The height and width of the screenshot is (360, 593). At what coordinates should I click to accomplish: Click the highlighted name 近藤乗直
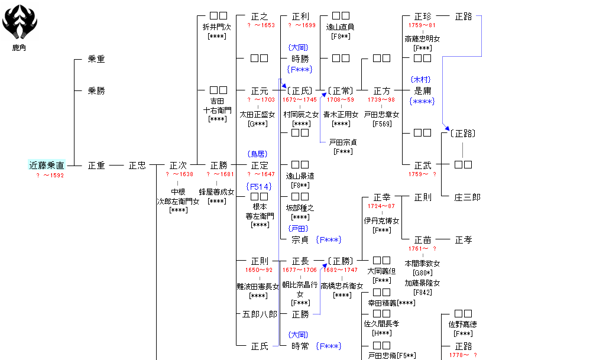coord(47,166)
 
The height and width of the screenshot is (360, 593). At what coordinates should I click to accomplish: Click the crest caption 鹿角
coord(20,48)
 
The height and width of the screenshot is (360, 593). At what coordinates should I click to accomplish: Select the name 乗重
coord(96,59)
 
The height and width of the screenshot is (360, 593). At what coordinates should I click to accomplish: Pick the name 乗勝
coord(96,91)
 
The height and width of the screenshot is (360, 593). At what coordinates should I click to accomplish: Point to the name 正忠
coord(137,166)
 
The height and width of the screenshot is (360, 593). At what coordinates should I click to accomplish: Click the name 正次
coord(178,166)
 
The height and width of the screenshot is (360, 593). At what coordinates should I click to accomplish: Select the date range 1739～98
coord(381,100)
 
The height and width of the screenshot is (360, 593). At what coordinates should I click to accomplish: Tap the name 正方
coord(382,91)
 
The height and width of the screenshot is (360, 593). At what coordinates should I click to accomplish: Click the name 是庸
coord(423,91)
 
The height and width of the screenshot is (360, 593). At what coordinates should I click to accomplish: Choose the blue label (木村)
coord(421,80)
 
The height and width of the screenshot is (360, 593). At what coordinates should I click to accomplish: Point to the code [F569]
coord(382,124)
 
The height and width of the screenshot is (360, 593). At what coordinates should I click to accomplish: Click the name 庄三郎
coord(468,197)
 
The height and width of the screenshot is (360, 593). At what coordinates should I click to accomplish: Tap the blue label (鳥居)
coord(258,154)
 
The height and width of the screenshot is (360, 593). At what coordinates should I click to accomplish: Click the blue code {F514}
coord(259,187)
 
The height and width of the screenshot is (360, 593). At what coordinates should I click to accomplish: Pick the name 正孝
coord(464,240)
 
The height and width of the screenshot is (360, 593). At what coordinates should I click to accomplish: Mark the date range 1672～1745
coord(300,100)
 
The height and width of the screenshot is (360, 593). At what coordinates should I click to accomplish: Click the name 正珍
coord(423,17)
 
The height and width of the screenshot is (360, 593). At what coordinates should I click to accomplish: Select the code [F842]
coord(422,292)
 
